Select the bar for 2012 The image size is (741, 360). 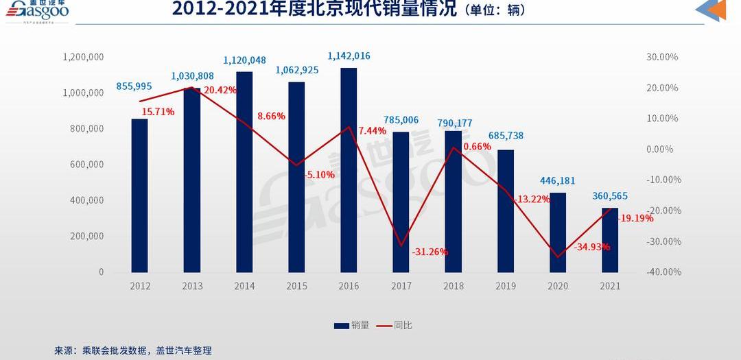[140, 195]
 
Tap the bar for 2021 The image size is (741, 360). [610, 240]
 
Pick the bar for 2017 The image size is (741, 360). [401, 202]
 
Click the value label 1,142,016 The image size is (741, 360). [349, 56]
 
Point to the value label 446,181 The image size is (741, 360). [557, 181]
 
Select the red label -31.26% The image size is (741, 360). [430, 252]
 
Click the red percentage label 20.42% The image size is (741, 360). [220, 90]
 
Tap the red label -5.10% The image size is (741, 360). [320, 175]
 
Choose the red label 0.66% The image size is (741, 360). [477, 146]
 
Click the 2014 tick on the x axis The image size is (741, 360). [244, 286]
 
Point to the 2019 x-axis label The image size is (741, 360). [505, 286]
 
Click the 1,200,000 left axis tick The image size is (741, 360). [83, 57]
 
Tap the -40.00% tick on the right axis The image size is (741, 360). [662, 272]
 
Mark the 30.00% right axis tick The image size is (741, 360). [662, 57]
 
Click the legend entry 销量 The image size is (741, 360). [352, 326]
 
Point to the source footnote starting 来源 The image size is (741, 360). [133, 350]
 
